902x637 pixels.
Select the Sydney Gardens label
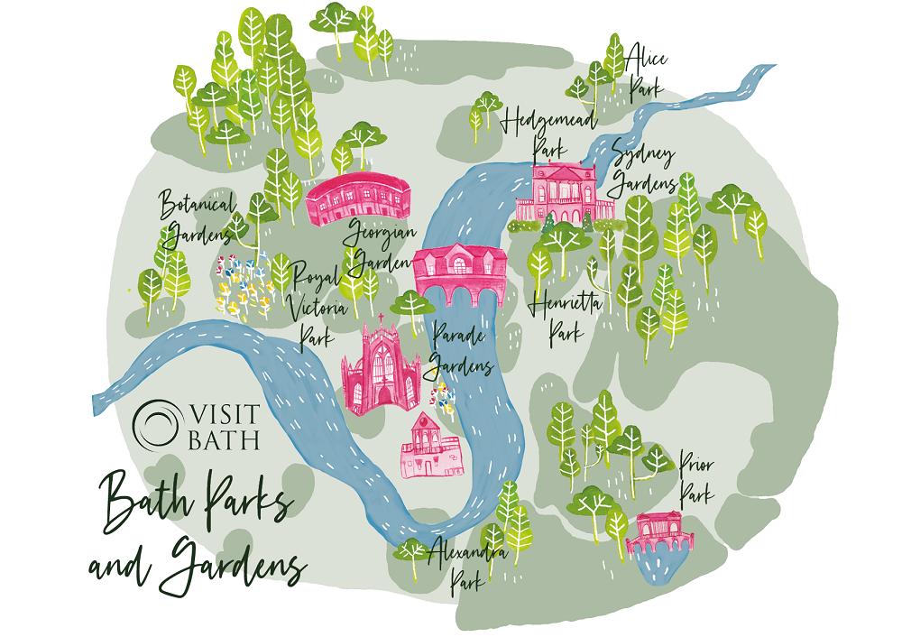coord(643,168)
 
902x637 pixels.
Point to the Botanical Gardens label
coord(197,215)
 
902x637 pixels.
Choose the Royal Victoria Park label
coord(311,301)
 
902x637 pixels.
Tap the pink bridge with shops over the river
coord(457,270)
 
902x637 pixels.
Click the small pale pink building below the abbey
coord(429,447)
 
